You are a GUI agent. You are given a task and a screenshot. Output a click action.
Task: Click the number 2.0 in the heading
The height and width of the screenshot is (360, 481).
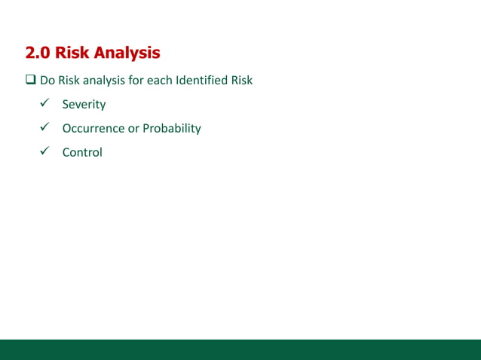[38, 53]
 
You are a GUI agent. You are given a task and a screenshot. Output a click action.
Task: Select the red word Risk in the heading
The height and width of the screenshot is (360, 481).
[74, 53]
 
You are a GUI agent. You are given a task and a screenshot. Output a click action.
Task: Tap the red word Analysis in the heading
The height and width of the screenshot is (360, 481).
[127, 53]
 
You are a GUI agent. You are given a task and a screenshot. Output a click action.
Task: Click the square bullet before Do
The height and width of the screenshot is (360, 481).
[30, 81]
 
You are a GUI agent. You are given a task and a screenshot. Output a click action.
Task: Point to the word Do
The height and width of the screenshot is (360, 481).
[47, 81]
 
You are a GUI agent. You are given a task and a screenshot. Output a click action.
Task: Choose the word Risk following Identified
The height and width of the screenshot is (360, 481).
[242, 81]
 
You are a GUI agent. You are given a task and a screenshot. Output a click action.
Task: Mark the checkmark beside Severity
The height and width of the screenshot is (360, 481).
[44, 104]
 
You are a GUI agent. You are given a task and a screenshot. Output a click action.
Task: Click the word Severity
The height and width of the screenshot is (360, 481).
[84, 105]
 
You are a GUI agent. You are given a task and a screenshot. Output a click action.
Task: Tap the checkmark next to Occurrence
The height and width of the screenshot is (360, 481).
[44, 127]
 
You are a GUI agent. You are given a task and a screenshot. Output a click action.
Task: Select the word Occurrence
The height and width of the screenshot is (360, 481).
[94, 128]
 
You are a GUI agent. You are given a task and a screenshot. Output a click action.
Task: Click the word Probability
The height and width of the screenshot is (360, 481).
[173, 129]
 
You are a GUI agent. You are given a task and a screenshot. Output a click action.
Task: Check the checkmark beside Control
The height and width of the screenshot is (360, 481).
[44, 151]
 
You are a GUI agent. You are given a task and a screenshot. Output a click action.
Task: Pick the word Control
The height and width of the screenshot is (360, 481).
[82, 152]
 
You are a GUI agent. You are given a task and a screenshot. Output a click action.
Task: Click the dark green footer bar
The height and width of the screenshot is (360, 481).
[240, 349]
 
